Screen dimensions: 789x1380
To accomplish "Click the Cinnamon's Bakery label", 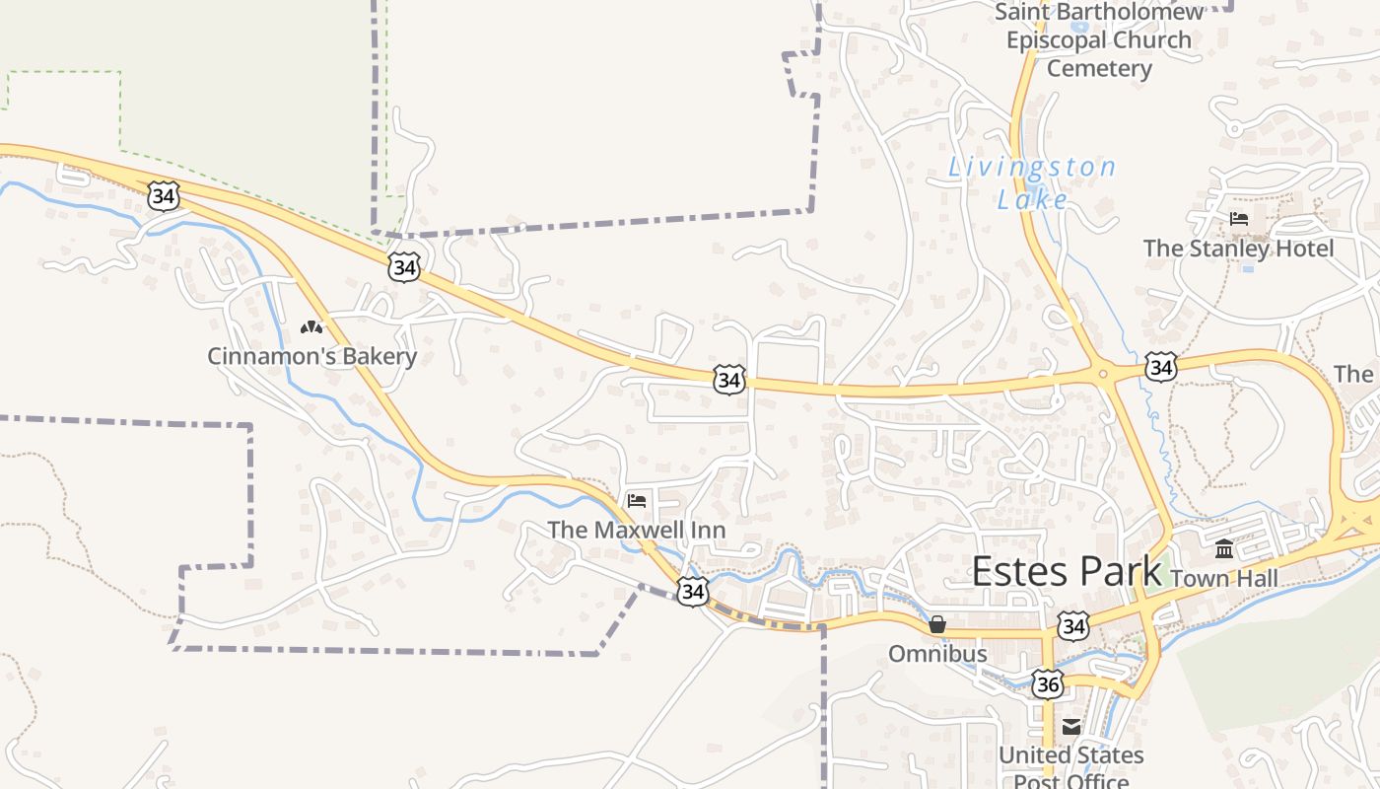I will click(x=311, y=356).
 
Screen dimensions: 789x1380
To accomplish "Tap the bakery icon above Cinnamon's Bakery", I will click(x=311, y=327).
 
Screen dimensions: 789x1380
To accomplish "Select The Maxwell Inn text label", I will click(x=637, y=530).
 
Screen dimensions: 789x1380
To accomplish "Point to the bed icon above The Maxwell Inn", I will click(x=637, y=501).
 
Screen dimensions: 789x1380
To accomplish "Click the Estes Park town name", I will click(x=1067, y=572).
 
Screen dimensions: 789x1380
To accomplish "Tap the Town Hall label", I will click(x=1223, y=578).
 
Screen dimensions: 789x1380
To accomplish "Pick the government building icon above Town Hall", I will click(x=1224, y=548).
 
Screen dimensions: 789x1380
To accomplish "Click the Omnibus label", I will click(x=937, y=654).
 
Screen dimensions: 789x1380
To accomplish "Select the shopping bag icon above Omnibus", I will click(x=937, y=624).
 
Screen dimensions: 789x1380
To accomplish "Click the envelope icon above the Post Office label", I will click(x=1071, y=728).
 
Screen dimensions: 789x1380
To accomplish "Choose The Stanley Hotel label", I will click(x=1238, y=248).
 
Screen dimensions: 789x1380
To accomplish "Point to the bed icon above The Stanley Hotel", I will click(x=1239, y=218).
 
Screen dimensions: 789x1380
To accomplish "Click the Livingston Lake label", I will click(x=1032, y=183).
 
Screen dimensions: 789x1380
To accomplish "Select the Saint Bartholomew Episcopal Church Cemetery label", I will click(x=1099, y=40).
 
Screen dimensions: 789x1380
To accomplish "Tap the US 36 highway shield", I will click(x=1048, y=683).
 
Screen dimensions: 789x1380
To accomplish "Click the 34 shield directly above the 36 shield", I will click(x=1073, y=626).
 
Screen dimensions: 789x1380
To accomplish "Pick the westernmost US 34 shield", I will click(x=164, y=195).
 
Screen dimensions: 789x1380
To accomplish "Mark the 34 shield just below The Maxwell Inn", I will click(x=693, y=591).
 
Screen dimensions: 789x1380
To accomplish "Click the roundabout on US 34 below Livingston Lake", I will click(x=1102, y=373).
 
